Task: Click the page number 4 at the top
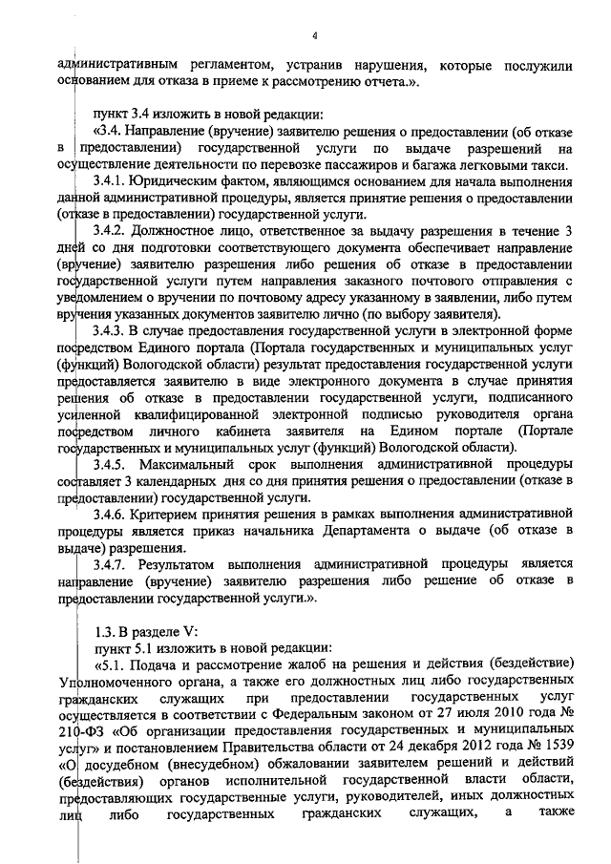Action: pos(313,35)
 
